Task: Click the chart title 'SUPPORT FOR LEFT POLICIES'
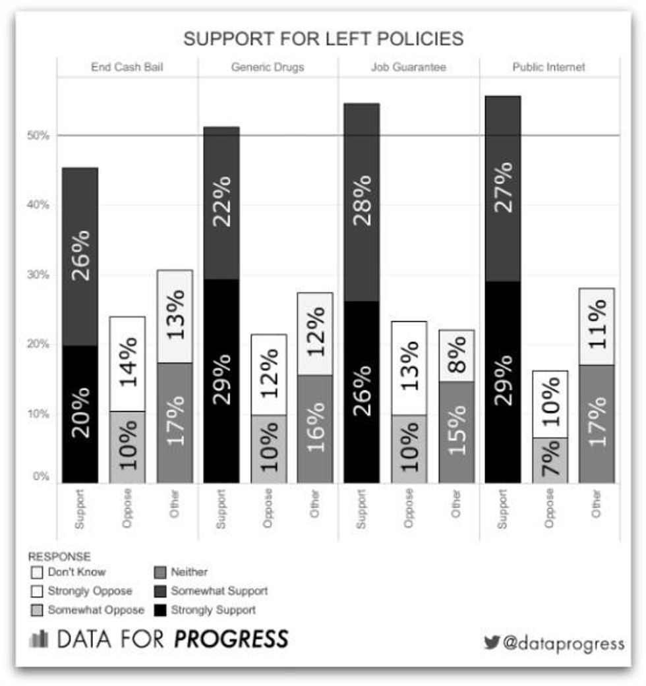point(323,39)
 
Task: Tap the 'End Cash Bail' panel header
point(127,67)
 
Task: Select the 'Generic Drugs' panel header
point(268,67)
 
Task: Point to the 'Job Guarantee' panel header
point(408,67)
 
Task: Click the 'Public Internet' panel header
point(548,67)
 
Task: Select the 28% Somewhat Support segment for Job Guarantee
point(361,202)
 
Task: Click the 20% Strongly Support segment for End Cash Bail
point(80,414)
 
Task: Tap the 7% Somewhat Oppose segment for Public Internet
point(549,460)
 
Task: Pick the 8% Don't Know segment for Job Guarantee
point(455,356)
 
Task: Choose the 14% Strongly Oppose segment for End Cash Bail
point(127,364)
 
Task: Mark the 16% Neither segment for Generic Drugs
point(314,428)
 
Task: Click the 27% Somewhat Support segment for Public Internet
point(502,188)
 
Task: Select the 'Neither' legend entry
point(189,572)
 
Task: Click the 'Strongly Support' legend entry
point(212,610)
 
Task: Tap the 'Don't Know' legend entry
point(76,572)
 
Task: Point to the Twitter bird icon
point(492,643)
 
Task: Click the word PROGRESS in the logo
point(231,639)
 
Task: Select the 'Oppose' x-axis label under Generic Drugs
point(268,509)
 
